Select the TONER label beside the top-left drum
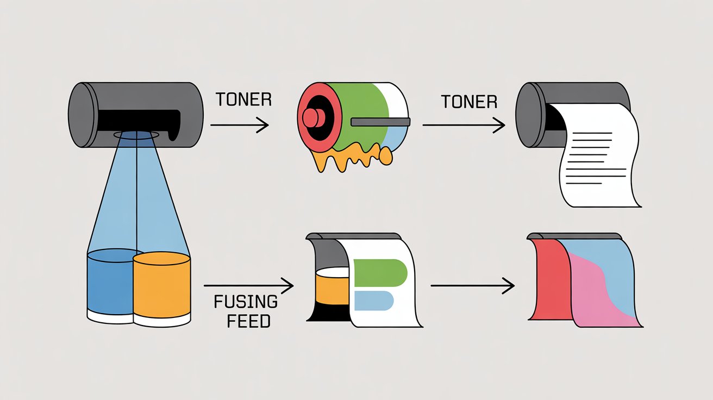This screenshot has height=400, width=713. [x=243, y=100]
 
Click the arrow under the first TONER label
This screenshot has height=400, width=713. [x=239, y=126]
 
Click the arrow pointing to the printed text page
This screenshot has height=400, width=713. [x=463, y=126]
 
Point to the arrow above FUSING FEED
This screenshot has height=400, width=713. [x=248, y=285]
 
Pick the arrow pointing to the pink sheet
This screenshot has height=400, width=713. [x=472, y=285]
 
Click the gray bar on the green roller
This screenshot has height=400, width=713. [x=380, y=122]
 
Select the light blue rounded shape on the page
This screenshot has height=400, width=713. [x=373, y=300]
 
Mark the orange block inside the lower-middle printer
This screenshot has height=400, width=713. [x=332, y=288]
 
